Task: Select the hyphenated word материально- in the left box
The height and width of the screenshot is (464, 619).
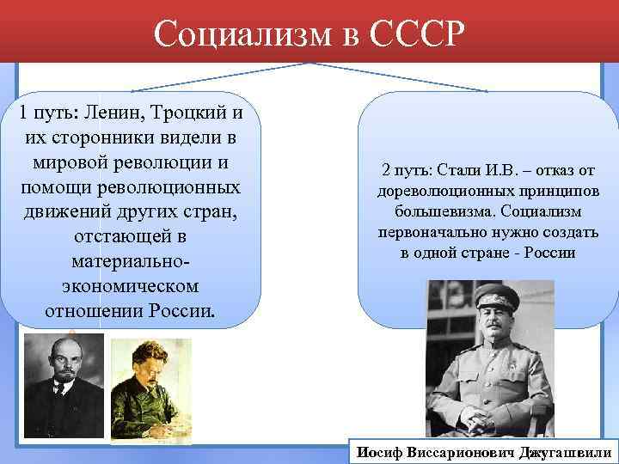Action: coord(130,259)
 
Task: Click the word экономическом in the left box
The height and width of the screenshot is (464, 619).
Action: coord(130,284)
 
